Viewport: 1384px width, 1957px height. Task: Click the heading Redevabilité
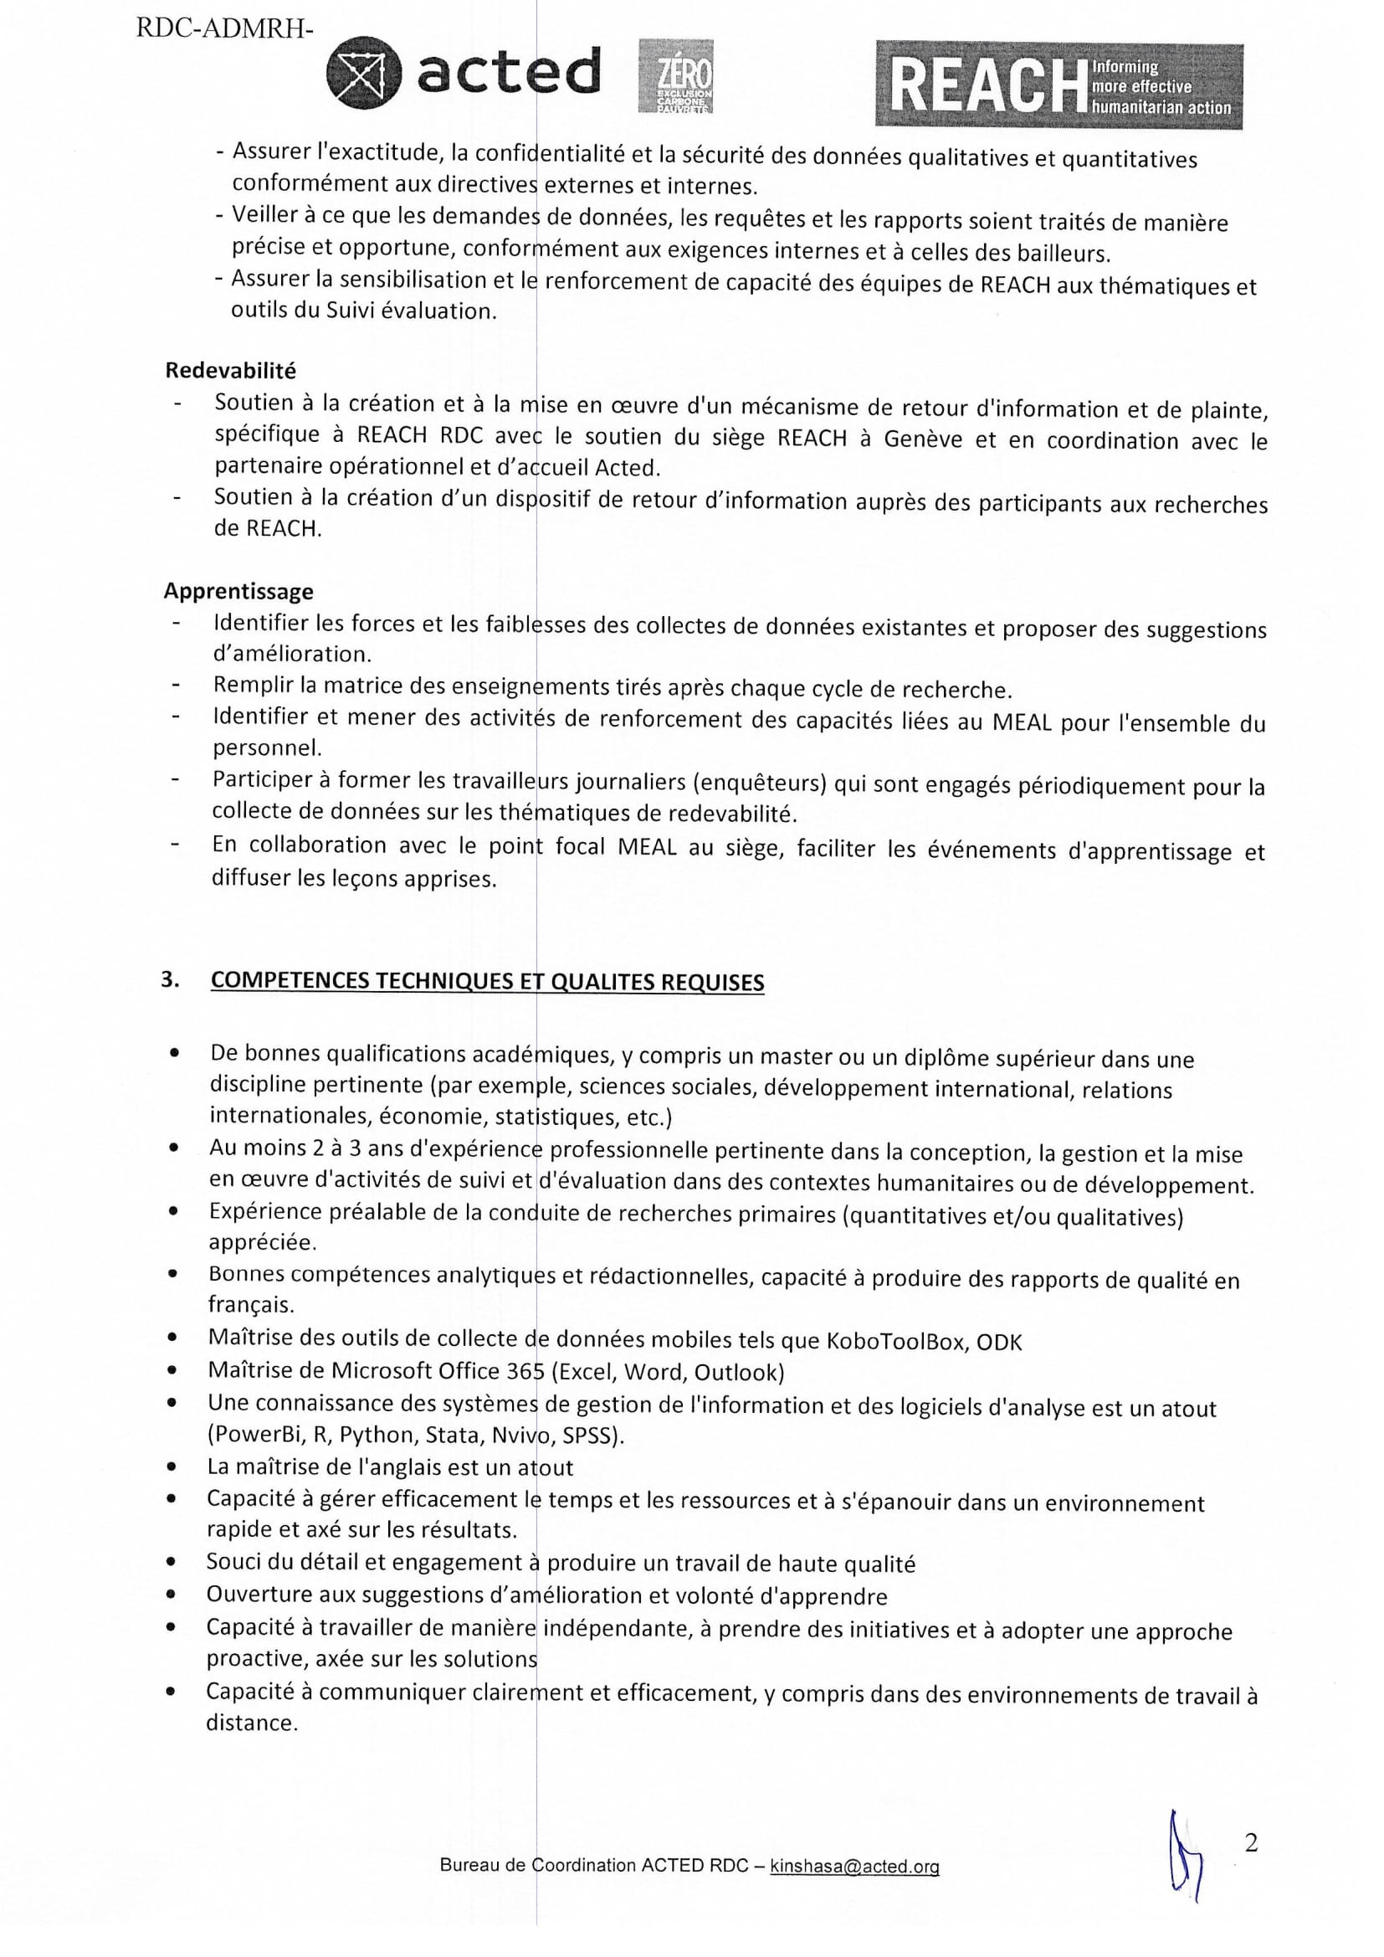point(231,371)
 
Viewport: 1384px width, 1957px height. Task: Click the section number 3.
point(170,979)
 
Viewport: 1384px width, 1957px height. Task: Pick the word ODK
point(999,1342)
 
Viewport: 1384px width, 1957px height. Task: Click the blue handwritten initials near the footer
point(1185,1867)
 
